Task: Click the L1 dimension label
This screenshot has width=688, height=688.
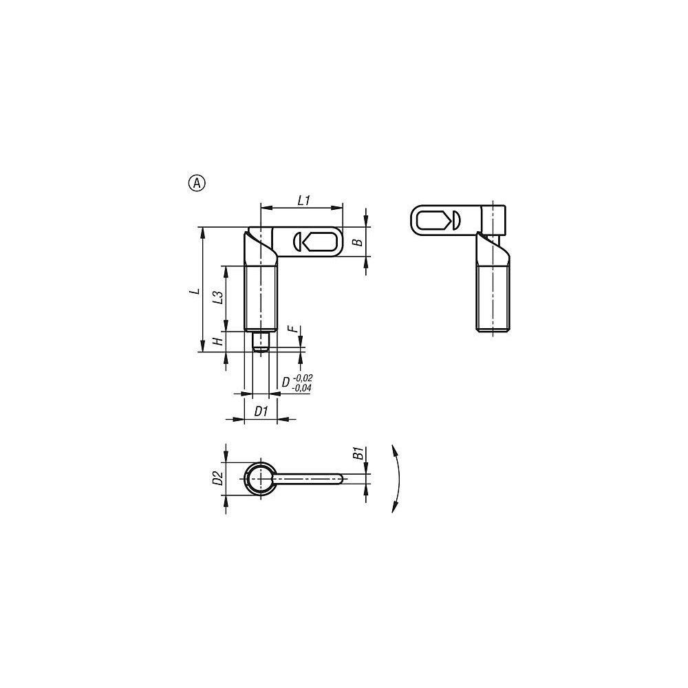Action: [x=304, y=200]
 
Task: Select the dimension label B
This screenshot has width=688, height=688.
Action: [x=356, y=242]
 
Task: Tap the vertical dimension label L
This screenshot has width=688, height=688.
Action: [x=195, y=291]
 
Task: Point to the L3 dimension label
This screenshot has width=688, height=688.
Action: [x=217, y=297]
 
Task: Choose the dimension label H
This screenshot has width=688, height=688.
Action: [x=217, y=341]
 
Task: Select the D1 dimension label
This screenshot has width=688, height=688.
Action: [x=261, y=411]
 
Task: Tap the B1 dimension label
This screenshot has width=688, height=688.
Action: [x=357, y=453]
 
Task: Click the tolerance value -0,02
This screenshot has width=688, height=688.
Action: [x=302, y=378]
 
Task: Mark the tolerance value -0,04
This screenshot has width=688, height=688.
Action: [x=302, y=389]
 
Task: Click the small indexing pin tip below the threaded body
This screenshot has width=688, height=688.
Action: [x=261, y=341]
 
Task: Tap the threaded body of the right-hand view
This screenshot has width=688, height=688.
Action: [x=493, y=299]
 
